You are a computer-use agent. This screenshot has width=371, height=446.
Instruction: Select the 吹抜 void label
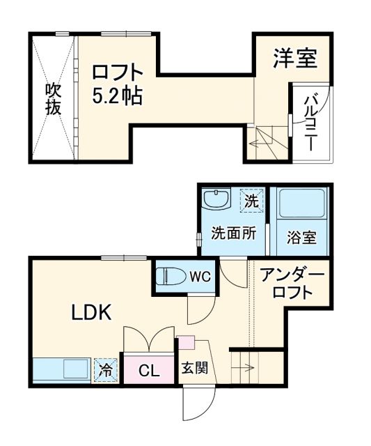(53, 98)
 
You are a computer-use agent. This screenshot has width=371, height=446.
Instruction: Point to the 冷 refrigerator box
(106, 370)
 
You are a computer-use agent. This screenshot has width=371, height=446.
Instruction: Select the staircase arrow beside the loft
(262, 144)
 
